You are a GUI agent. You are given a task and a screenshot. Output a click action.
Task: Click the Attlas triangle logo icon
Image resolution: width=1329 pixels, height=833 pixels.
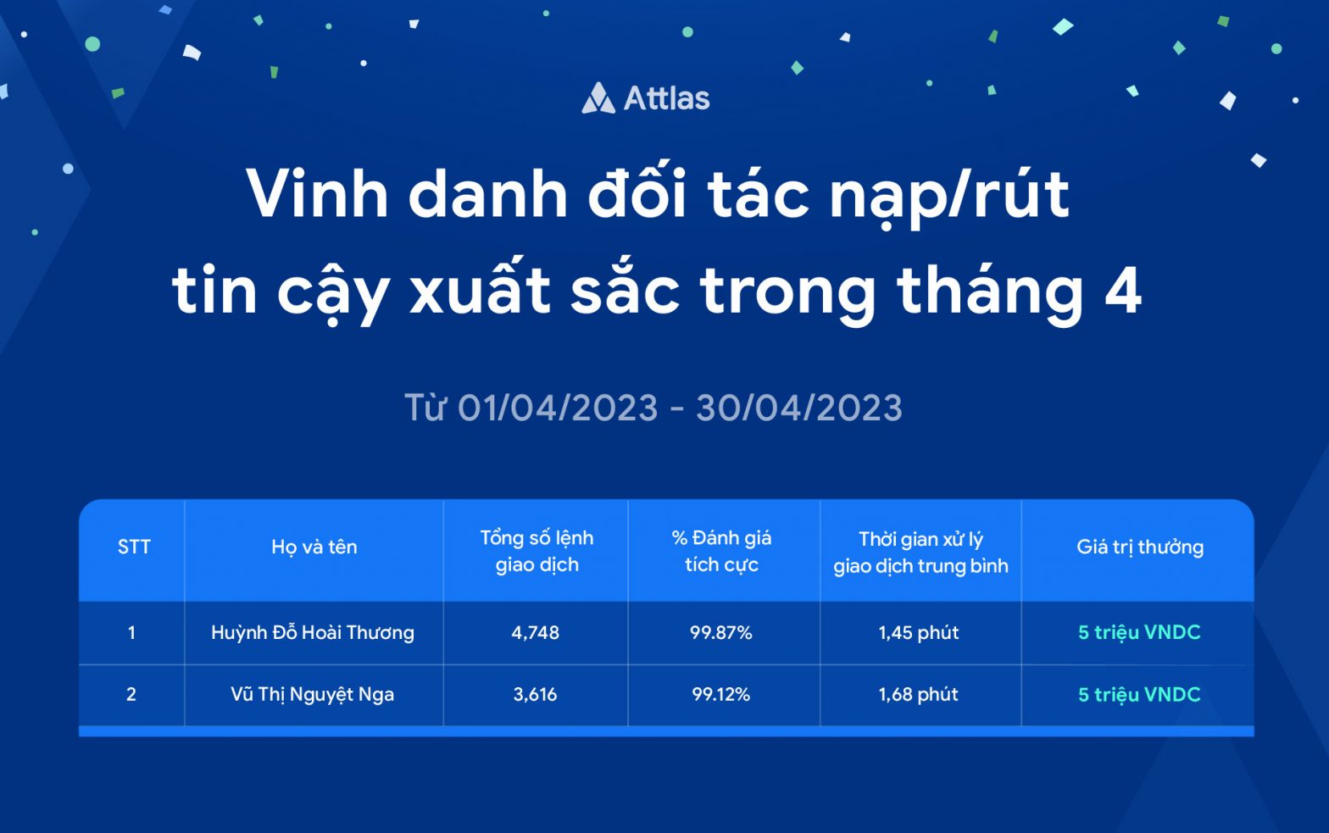598,98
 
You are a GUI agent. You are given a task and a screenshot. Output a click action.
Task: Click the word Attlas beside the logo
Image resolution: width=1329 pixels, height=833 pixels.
666,98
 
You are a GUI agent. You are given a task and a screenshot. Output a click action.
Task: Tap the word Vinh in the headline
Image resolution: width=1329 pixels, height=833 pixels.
317,194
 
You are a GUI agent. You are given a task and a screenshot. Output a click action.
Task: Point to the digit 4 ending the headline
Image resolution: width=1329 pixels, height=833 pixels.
1123,290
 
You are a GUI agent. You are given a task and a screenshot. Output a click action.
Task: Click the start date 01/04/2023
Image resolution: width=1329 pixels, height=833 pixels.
558,408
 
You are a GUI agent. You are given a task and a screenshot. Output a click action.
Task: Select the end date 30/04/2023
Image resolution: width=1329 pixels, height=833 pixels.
799,408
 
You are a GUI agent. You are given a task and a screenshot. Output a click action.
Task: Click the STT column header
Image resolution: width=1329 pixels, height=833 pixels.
134,547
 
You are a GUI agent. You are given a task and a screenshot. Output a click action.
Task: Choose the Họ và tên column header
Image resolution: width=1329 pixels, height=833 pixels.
314,547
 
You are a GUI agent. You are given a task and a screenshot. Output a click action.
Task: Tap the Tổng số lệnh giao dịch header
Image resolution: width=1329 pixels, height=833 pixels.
537,551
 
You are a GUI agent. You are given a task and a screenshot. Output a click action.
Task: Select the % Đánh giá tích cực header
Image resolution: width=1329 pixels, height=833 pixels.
721,551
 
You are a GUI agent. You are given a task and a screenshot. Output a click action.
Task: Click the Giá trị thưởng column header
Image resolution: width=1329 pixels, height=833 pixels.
1140,547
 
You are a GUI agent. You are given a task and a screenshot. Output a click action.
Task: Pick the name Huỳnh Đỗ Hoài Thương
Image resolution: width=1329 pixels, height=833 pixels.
313,632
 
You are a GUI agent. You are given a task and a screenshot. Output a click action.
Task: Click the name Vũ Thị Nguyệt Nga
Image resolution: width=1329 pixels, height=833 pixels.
312,694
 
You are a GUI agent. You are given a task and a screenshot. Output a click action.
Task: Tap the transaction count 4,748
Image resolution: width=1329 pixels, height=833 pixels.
535,632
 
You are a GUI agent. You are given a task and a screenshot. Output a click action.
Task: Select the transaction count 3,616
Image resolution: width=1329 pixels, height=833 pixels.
535,694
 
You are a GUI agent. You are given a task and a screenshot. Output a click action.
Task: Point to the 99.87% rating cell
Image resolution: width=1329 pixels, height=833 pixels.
720,632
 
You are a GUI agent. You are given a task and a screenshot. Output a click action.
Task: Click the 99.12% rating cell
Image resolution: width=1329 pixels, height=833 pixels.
720,694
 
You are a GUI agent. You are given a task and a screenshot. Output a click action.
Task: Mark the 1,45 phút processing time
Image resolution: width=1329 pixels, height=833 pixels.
919,632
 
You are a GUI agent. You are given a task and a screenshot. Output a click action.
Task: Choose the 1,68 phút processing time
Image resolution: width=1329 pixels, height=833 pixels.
919,694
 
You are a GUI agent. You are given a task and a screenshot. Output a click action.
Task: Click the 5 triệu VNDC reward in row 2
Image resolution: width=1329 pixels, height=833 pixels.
1139,694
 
